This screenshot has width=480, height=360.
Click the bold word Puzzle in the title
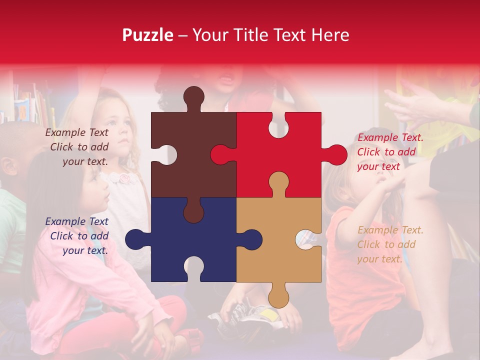148,35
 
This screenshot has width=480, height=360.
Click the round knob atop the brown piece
193,96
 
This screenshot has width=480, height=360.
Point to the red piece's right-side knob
336,155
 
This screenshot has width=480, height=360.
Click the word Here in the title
330,35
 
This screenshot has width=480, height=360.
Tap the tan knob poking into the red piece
278,183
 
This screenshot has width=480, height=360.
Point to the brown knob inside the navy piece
193,211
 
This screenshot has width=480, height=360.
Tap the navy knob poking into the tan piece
250,239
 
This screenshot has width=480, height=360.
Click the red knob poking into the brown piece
221,155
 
